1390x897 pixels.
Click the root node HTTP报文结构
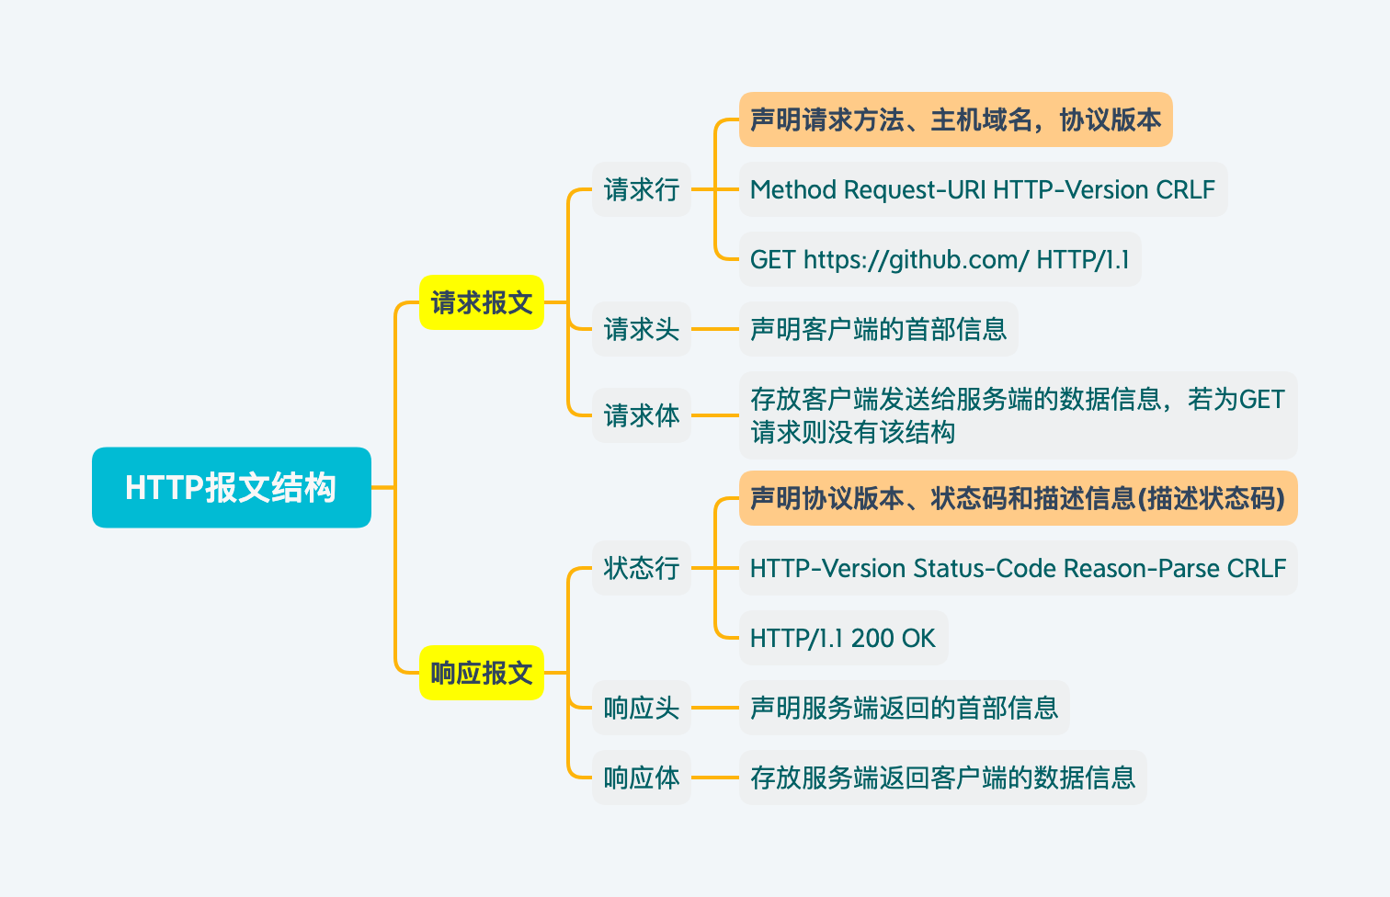(231, 487)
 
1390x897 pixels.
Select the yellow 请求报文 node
(481, 302)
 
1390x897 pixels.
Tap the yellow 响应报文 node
(481, 673)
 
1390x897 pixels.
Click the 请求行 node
(641, 189)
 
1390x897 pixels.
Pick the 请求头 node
(641, 329)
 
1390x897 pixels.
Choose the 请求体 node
(641, 415)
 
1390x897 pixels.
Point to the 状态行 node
(641, 568)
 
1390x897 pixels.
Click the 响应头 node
(641, 708)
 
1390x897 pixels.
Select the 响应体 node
(641, 778)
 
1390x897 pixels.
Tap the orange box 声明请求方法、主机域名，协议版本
(955, 119)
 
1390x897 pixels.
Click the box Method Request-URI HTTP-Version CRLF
(982, 189)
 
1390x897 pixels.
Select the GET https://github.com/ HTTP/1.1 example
(939, 259)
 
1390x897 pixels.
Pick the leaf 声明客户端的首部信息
(878, 329)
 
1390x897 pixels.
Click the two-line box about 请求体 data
(1017, 415)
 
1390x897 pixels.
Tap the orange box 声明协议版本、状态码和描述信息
(1017, 498)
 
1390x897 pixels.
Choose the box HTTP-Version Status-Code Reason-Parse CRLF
(1017, 568)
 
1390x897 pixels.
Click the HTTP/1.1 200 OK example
(842, 638)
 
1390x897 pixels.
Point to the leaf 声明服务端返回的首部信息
(904, 708)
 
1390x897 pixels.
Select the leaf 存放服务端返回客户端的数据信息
(942, 778)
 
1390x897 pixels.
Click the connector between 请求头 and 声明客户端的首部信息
(715, 329)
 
